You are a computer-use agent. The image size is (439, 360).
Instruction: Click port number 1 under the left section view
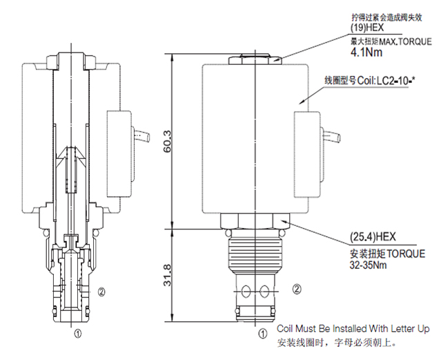point(78,331)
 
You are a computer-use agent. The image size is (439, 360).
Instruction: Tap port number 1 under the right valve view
point(262,332)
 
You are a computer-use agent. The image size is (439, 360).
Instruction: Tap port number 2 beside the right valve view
point(297,288)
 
